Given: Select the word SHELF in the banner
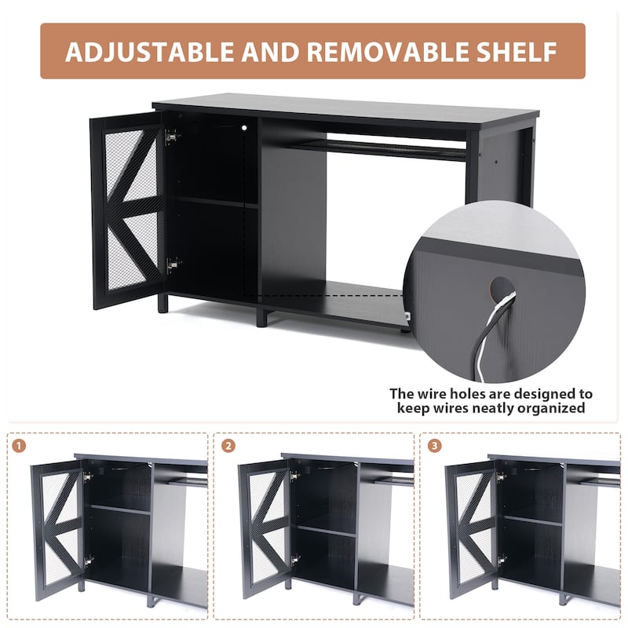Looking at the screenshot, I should (x=516, y=52).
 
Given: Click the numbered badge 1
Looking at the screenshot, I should (x=20, y=446).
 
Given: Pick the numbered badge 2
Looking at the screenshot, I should (x=228, y=446).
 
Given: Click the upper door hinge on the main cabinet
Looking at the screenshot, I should (x=171, y=137).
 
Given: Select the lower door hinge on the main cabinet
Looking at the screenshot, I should (x=171, y=265).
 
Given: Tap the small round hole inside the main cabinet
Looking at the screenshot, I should (x=243, y=126).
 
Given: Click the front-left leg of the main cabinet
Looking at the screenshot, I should (x=162, y=303).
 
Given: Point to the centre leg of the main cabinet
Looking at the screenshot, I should (x=261, y=316).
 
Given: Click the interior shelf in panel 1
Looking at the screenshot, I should (x=119, y=509).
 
